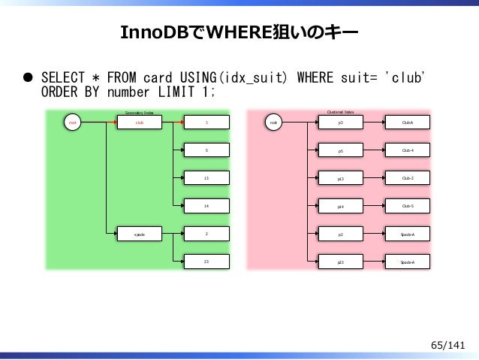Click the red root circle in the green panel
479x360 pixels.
click(x=73, y=123)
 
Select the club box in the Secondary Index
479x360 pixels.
click(x=140, y=123)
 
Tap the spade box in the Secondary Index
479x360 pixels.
click(x=140, y=234)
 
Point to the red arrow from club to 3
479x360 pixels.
click(x=174, y=123)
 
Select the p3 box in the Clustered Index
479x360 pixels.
click(x=341, y=123)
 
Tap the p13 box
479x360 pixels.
click(x=341, y=179)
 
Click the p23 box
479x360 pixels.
click(x=341, y=262)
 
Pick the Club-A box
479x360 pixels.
click(x=408, y=123)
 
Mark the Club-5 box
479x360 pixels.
click(x=408, y=205)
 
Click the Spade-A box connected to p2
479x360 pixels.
click(x=408, y=234)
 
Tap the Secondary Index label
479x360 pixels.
click(x=139, y=112)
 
